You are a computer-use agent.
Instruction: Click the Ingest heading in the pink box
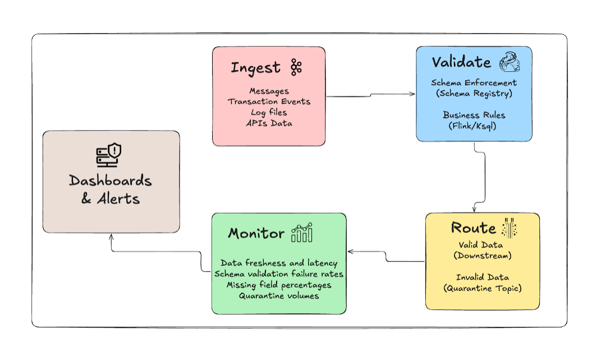[x=255, y=68]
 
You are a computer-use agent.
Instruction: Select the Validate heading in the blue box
[x=461, y=62]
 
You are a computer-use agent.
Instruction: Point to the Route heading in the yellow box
[x=473, y=228]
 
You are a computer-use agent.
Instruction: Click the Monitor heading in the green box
[x=256, y=234]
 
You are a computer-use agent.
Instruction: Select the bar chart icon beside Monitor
[x=302, y=233]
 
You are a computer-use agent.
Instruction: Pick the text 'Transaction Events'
[x=269, y=101]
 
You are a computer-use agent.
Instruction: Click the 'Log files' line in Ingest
[x=269, y=112]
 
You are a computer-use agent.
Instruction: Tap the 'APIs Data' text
[x=269, y=123]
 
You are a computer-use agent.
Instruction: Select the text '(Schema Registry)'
[x=474, y=94]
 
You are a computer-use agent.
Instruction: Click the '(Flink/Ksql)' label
[x=474, y=126]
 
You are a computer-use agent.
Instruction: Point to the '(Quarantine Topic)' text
[x=482, y=288]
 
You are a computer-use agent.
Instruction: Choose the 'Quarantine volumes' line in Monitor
[x=279, y=296]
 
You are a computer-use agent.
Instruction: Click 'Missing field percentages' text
[x=279, y=285]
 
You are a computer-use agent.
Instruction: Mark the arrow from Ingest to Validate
[x=370, y=95]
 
